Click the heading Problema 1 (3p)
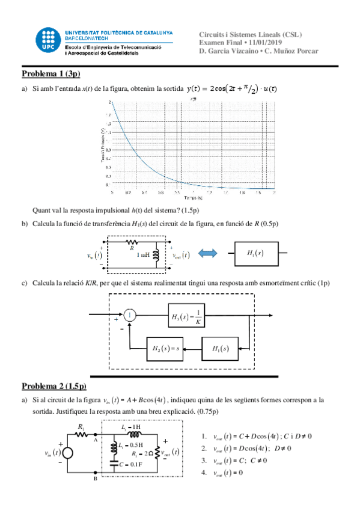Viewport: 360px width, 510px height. (50, 74)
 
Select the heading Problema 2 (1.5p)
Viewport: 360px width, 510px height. (54, 386)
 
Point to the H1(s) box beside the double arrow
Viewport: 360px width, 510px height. (255, 254)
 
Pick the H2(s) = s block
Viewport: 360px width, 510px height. (165, 348)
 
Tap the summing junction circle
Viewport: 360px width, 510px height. (130, 314)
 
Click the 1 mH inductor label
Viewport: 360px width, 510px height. (143, 256)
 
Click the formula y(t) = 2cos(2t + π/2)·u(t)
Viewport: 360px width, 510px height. (231, 89)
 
